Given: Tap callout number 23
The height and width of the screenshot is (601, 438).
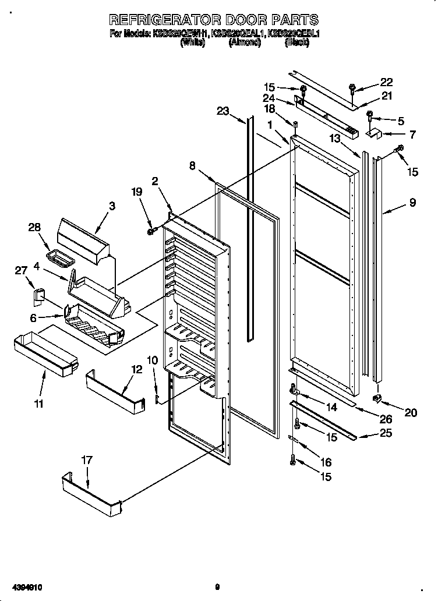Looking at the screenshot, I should (x=223, y=111).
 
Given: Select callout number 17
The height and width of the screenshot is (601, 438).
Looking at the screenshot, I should (x=86, y=460).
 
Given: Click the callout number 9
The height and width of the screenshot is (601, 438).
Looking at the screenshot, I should (x=412, y=203).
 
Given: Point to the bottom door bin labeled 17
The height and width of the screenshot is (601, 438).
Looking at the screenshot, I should (x=90, y=492).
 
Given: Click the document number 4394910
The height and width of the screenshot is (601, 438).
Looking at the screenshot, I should (x=23, y=588).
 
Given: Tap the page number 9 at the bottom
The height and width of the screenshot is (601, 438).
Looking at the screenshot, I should (x=216, y=588).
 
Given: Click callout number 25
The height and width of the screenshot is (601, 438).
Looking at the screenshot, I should (x=385, y=433).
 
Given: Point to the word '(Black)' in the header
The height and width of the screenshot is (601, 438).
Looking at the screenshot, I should (x=296, y=43).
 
